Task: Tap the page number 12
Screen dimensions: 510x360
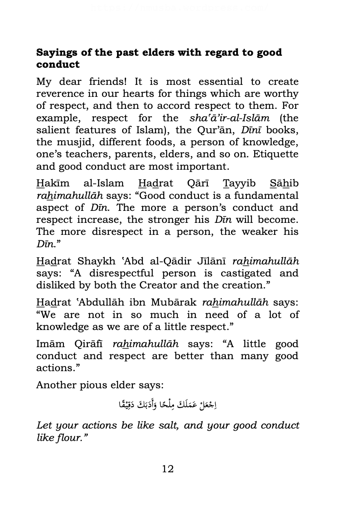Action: point(168,468)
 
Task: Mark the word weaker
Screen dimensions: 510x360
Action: point(256,232)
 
